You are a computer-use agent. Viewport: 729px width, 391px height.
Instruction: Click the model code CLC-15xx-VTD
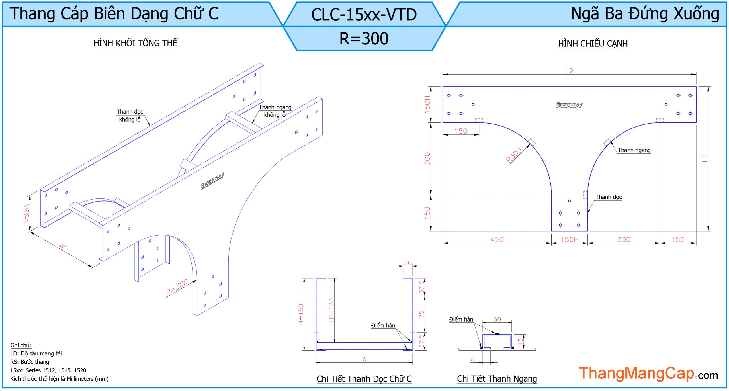364,15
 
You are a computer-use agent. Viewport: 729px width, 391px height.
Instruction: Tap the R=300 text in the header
364,39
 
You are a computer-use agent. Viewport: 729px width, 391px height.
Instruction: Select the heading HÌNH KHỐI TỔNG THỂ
135,43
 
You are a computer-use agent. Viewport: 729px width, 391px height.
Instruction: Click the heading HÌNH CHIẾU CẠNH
593,44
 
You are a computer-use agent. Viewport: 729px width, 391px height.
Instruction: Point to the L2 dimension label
569,71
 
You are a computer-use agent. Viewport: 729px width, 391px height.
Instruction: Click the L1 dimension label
705,159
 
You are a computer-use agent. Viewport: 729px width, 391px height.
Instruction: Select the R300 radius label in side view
514,155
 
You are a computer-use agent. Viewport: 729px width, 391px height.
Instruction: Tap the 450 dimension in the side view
497,240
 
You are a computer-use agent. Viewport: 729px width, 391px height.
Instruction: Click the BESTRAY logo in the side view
569,105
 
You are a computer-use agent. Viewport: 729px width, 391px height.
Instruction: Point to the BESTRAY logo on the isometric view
212,180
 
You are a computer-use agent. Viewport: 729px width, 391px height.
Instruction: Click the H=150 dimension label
301,314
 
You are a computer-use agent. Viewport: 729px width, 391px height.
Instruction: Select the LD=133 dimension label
331,310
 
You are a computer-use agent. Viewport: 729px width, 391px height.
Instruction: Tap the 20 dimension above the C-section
408,263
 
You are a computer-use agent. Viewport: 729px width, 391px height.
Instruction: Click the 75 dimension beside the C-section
421,314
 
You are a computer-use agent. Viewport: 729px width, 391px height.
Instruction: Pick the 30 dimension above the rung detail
497,319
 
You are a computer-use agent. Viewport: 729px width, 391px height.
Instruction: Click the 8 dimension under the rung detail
473,359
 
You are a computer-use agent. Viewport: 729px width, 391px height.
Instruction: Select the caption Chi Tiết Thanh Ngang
497,379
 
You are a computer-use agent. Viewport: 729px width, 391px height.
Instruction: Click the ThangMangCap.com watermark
648,373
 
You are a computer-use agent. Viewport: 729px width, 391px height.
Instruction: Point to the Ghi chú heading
21,345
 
